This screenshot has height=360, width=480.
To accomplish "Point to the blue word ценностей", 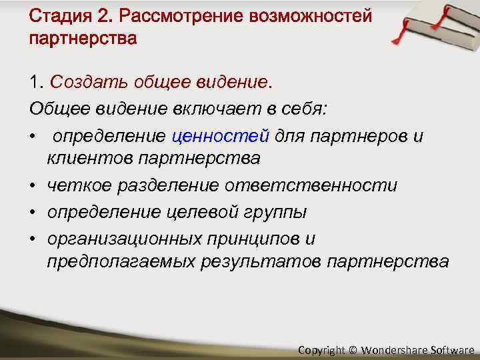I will point(220,136).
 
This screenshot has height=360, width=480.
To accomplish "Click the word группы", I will point(275,212).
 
